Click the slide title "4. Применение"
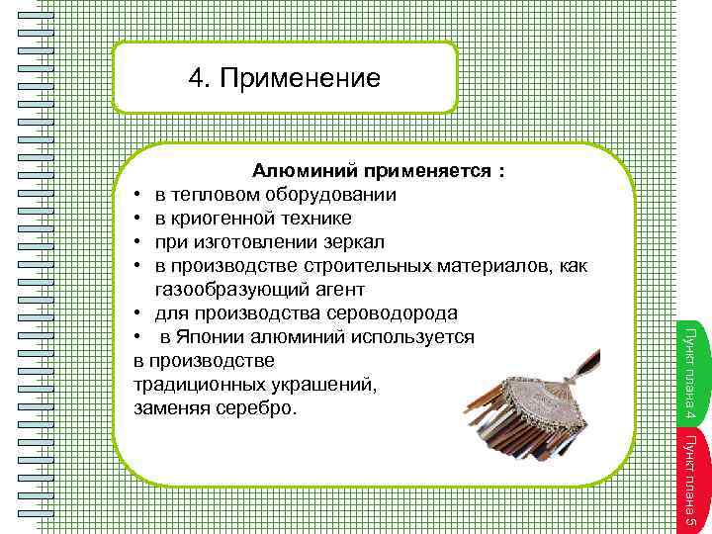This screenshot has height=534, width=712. (x=285, y=78)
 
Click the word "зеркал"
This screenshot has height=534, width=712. (x=354, y=242)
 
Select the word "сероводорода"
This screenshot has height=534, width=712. (x=397, y=313)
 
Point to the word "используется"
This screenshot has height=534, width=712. (x=415, y=337)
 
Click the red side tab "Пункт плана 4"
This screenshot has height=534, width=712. (x=690, y=368)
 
